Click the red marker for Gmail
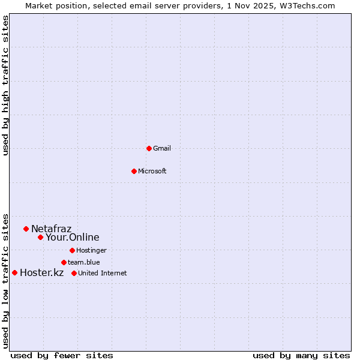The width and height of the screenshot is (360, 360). (x=149, y=148)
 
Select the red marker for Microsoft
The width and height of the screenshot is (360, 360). (x=134, y=171)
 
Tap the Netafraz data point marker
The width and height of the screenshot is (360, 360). (x=26, y=229)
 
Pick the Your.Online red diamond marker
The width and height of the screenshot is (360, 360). (x=40, y=237)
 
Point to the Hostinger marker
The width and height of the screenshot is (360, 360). (x=72, y=250)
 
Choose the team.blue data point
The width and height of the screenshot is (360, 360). (x=64, y=262)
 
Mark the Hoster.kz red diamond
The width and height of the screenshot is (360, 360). (x=14, y=273)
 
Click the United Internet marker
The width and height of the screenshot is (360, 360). (x=74, y=273)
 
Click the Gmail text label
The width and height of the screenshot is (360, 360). (x=162, y=148)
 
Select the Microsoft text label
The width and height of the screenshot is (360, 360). (x=152, y=171)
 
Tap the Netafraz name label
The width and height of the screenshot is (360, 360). (x=51, y=229)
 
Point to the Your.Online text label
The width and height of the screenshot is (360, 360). (x=72, y=237)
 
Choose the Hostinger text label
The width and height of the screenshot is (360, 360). (x=91, y=250)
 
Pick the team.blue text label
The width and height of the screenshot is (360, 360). (x=84, y=262)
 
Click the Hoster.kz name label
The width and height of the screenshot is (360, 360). (x=41, y=273)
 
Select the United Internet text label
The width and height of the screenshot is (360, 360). (x=103, y=273)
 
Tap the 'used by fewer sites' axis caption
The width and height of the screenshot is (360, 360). (x=62, y=355)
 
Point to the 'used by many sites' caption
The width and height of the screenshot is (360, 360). (x=301, y=355)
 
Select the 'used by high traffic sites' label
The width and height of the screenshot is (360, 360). (x=6, y=85)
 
